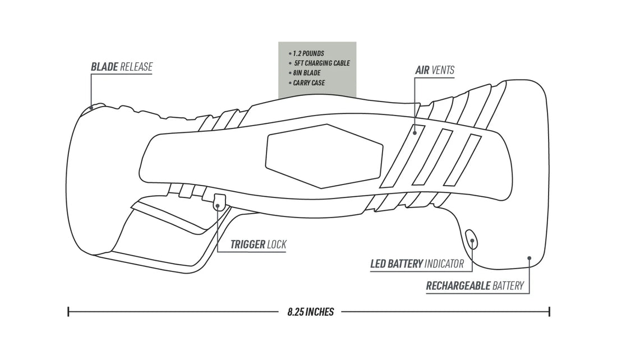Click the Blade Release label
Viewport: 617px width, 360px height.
pyautogui.click(x=122, y=67)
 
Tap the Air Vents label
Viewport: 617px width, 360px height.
pyautogui.click(x=435, y=71)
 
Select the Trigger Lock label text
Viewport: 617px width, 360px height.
pyautogui.click(x=258, y=244)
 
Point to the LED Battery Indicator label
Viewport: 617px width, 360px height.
pyautogui.click(x=417, y=264)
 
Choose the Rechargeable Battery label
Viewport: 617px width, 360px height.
pyautogui.click(x=475, y=286)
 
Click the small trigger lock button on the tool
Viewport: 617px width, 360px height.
pyautogui.click(x=219, y=201)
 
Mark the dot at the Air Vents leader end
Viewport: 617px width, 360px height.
pyautogui.click(x=414, y=132)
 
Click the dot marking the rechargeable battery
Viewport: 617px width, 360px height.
pyautogui.click(x=529, y=258)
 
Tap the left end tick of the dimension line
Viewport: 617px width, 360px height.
pyautogui.click(x=68, y=312)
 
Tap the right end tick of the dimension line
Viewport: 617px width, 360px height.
pyautogui.click(x=550, y=312)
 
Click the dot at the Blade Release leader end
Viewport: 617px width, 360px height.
pyautogui.click(x=91, y=107)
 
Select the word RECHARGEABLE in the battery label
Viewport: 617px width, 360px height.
pyautogui.click(x=458, y=286)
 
